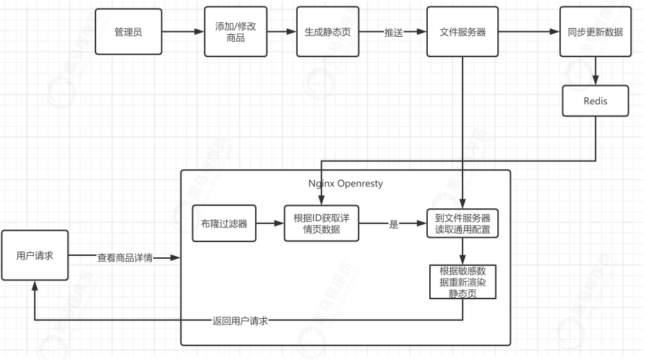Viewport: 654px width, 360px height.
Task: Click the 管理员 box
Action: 128,33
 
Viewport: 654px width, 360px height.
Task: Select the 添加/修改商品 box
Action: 231,33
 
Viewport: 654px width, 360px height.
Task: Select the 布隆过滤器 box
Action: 220,224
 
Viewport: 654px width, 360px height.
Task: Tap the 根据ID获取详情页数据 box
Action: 321,224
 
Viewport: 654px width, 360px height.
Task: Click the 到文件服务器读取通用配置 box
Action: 463,224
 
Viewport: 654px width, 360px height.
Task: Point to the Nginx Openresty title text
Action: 345,184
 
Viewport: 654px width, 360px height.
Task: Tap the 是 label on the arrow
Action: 394,225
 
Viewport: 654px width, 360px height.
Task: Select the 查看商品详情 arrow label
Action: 125,257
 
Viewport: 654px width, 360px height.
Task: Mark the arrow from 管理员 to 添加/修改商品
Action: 181,33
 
